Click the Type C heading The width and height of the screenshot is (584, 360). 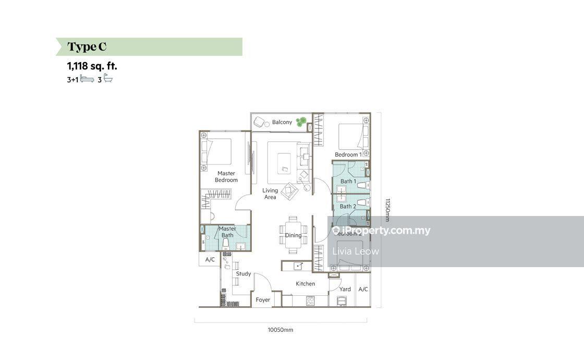tap(87, 47)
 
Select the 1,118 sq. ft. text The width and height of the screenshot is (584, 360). tap(92, 66)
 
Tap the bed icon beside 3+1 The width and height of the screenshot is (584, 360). tap(87, 79)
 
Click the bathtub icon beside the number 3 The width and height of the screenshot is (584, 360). tap(108, 79)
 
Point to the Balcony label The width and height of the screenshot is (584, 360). tap(282, 122)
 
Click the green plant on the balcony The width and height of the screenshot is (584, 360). tap(301, 122)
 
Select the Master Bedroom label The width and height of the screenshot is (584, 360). tap(226, 177)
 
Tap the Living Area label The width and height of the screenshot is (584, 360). tap(270, 194)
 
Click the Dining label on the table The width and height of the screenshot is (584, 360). tap(293, 235)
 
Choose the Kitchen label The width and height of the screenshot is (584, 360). tap(306, 284)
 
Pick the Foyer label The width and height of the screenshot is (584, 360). tap(263, 300)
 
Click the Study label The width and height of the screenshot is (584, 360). tap(244, 274)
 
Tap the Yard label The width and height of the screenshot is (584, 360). tap(345, 289)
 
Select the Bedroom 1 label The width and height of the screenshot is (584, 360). tap(348, 154)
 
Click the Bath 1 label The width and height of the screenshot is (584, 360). tap(348, 182)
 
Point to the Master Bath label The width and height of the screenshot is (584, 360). tap(227, 232)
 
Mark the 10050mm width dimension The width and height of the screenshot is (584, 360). tap(281, 330)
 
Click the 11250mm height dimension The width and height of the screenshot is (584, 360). tap(388, 209)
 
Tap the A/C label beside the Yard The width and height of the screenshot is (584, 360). tap(363, 289)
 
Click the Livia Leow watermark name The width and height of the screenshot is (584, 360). tap(356, 251)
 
